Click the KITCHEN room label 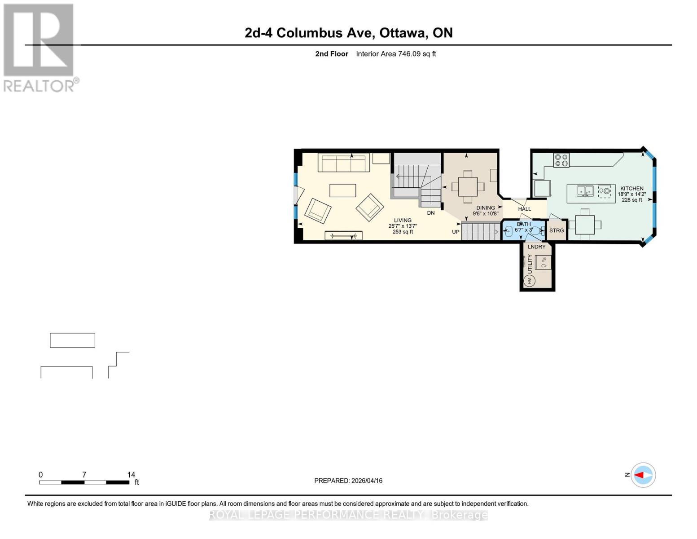point(631,189)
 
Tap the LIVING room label point(403,221)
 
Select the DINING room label point(485,208)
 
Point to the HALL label point(524,209)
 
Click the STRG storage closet point(557,230)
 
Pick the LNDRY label point(537,247)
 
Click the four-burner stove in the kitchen point(561,160)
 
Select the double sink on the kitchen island point(585,191)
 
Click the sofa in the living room point(344,163)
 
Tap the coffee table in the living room point(343,191)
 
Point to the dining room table point(468,186)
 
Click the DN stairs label point(430,213)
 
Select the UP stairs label point(456,232)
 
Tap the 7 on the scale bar point(84,475)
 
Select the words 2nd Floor point(332,54)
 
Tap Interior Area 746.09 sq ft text point(396,54)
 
